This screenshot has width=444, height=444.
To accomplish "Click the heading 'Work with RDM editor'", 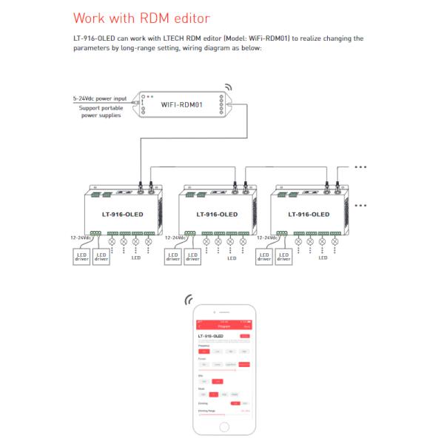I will [x=143, y=17].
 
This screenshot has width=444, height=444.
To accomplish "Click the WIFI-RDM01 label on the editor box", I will [x=182, y=104].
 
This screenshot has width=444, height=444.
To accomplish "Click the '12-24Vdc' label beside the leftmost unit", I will [x=81, y=238].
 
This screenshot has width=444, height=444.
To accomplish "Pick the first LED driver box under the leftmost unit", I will [x=81, y=257].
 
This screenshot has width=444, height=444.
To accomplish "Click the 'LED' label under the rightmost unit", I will [x=323, y=258].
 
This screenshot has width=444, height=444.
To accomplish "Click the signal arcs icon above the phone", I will [x=189, y=300].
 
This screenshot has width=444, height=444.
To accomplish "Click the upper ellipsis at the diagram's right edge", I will [x=360, y=167].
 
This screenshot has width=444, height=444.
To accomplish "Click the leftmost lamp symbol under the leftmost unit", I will [x=112, y=241].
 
